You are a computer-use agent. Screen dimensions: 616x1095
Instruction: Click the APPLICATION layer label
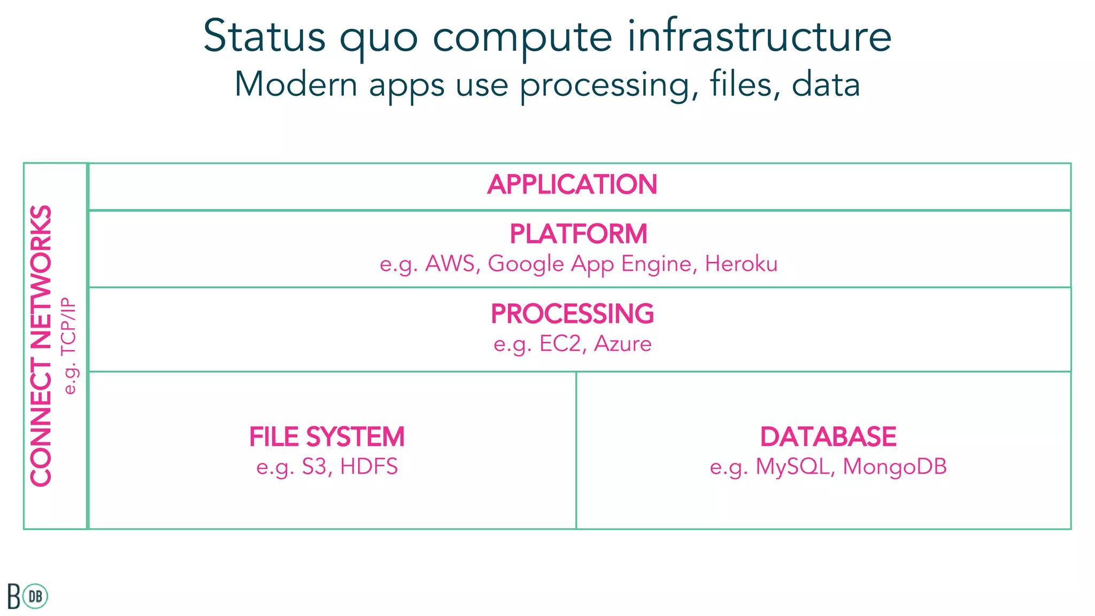coord(572,184)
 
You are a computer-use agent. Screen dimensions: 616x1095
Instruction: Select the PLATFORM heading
coord(578,234)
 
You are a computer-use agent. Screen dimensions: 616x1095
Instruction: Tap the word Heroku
coord(741,264)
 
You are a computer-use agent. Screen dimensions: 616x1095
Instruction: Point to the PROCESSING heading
coord(572,314)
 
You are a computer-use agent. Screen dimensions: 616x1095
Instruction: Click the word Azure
coord(623,344)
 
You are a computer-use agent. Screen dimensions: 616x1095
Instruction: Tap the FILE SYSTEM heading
coord(327,437)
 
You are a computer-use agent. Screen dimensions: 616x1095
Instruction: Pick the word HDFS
coord(369,467)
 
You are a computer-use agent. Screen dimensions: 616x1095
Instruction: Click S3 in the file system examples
coord(314,467)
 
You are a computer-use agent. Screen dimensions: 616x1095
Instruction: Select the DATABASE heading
coord(828,437)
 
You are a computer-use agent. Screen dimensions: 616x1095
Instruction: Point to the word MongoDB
coord(894,467)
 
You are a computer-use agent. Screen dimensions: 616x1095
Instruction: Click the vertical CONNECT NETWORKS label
coord(41,346)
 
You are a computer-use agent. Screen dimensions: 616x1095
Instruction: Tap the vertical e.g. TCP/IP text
coord(70,346)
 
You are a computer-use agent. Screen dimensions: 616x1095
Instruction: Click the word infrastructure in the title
coord(759,36)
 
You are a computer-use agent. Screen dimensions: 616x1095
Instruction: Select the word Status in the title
coord(264,36)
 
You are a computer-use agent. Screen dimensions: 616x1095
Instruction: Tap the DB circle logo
coord(36,596)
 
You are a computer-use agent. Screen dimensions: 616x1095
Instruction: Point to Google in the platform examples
coord(526,264)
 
